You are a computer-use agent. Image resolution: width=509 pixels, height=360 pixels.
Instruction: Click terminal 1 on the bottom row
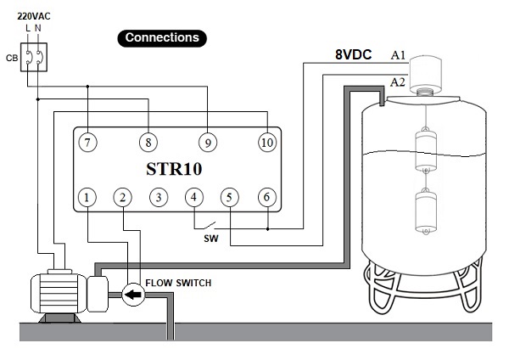pyautogui.click(x=87, y=199)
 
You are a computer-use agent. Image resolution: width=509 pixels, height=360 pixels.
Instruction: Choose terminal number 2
pyautogui.click(x=124, y=199)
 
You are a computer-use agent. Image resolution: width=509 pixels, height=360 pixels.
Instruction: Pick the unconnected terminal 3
pyautogui.click(x=158, y=199)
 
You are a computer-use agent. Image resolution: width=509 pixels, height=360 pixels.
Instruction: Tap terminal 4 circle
pyautogui.click(x=194, y=199)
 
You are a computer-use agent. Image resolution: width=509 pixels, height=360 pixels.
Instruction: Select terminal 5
pyautogui.click(x=229, y=199)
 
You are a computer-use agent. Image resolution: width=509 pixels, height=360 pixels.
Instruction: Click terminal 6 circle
pyautogui.click(x=267, y=199)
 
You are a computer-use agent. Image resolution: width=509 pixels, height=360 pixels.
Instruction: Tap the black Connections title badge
pyautogui.click(x=161, y=37)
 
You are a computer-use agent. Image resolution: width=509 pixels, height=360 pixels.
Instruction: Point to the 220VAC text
pyautogui.click(x=31, y=15)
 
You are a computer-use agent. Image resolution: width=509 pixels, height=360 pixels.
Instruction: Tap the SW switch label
pyautogui.click(x=211, y=239)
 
